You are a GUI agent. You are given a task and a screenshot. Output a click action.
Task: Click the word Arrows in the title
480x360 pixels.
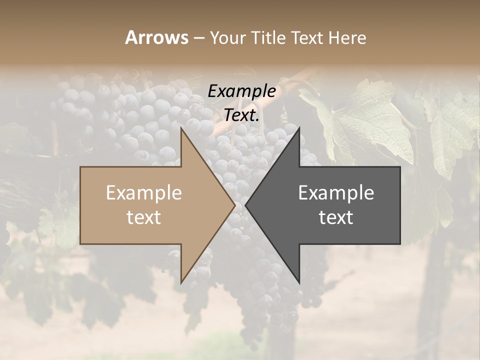156,37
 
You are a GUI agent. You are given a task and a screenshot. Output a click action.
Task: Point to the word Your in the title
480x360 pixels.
228,37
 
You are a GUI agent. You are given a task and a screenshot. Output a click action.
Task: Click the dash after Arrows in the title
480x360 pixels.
198,38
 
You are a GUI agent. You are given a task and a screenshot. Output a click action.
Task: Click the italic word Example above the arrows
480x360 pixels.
241,91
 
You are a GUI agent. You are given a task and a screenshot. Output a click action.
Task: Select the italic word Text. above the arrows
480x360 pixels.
241,115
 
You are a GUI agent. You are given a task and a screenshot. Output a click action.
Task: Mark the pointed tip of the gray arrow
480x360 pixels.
247,205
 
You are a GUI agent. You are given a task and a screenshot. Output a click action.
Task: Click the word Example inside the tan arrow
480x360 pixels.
143,193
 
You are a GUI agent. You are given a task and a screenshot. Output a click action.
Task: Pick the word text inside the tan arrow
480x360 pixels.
143,217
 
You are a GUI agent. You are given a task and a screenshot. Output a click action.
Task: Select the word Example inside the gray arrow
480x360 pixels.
336,193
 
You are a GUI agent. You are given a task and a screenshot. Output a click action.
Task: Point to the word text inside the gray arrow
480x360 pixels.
336,217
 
